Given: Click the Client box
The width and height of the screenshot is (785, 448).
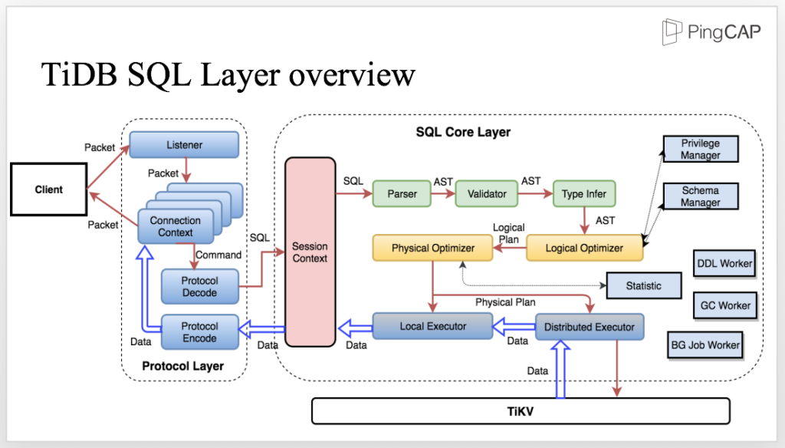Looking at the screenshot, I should click(x=49, y=189).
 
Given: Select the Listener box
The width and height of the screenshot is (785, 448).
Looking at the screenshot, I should click(x=183, y=145).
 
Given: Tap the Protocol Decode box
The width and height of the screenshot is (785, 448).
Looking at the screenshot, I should click(x=199, y=286).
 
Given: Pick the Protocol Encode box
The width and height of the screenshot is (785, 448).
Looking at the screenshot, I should click(x=199, y=331).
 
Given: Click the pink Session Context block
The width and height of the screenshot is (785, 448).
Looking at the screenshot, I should click(x=310, y=252).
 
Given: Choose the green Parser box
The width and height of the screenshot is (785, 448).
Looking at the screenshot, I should click(x=402, y=194).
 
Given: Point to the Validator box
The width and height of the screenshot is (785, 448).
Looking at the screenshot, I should click(x=487, y=194).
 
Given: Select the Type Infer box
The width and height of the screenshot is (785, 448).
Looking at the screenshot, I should click(x=583, y=194).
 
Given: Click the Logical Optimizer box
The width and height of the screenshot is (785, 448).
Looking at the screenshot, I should click(x=584, y=249).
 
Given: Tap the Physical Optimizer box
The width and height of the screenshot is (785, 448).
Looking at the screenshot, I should click(x=433, y=249).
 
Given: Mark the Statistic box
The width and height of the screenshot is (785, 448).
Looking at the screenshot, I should click(x=643, y=286).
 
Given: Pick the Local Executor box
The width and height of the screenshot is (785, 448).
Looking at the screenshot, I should click(x=432, y=326).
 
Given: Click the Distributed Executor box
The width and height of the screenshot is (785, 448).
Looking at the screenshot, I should click(x=589, y=327).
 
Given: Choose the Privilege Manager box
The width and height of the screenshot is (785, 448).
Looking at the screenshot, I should click(x=701, y=149).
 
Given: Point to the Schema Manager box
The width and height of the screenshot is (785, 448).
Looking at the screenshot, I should click(x=701, y=196).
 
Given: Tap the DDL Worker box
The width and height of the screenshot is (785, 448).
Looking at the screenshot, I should click(x=724, y=263).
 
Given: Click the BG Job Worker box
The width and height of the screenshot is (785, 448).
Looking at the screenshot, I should click(x=705, y=345).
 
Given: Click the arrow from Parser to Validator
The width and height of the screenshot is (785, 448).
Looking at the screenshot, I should click(x=442, y=195).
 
